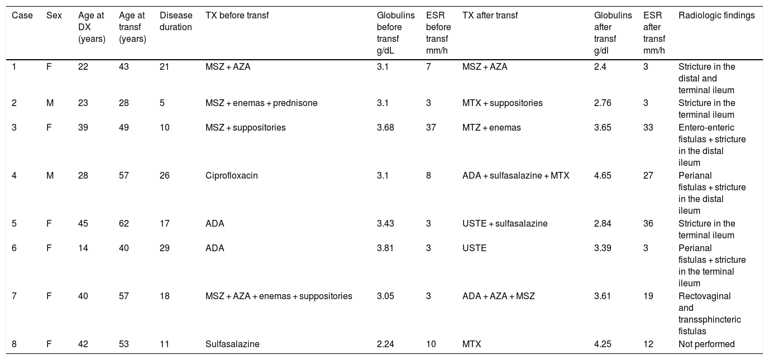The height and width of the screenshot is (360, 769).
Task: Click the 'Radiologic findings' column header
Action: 717,16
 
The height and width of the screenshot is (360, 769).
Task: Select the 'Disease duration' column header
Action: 176,21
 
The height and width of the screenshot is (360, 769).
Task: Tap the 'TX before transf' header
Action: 237,16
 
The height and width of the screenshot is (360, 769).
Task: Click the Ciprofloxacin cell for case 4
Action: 231,176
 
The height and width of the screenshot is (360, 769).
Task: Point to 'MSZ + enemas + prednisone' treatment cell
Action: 261,103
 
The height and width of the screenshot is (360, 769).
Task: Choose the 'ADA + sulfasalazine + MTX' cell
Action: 515,176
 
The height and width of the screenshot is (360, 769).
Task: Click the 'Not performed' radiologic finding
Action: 706,344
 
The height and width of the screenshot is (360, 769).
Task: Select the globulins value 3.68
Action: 385,128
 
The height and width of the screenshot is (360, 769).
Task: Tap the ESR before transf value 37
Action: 431,128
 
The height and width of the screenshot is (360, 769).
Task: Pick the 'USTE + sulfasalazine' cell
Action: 505,224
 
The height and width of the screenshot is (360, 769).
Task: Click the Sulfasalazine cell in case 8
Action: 232,344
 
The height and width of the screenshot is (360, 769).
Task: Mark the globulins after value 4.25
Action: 603,344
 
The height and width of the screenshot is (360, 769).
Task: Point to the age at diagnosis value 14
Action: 83,248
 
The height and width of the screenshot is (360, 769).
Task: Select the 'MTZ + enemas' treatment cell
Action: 491,128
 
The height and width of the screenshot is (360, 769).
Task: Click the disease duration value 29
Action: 164,248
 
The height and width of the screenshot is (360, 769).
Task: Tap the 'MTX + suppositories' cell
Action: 502,103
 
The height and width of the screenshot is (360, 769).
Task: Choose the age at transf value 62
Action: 123,224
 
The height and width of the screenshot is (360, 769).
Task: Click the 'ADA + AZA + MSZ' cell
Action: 499,296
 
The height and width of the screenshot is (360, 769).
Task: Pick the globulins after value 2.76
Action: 603,103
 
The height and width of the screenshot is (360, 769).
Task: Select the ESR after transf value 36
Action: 648,224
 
